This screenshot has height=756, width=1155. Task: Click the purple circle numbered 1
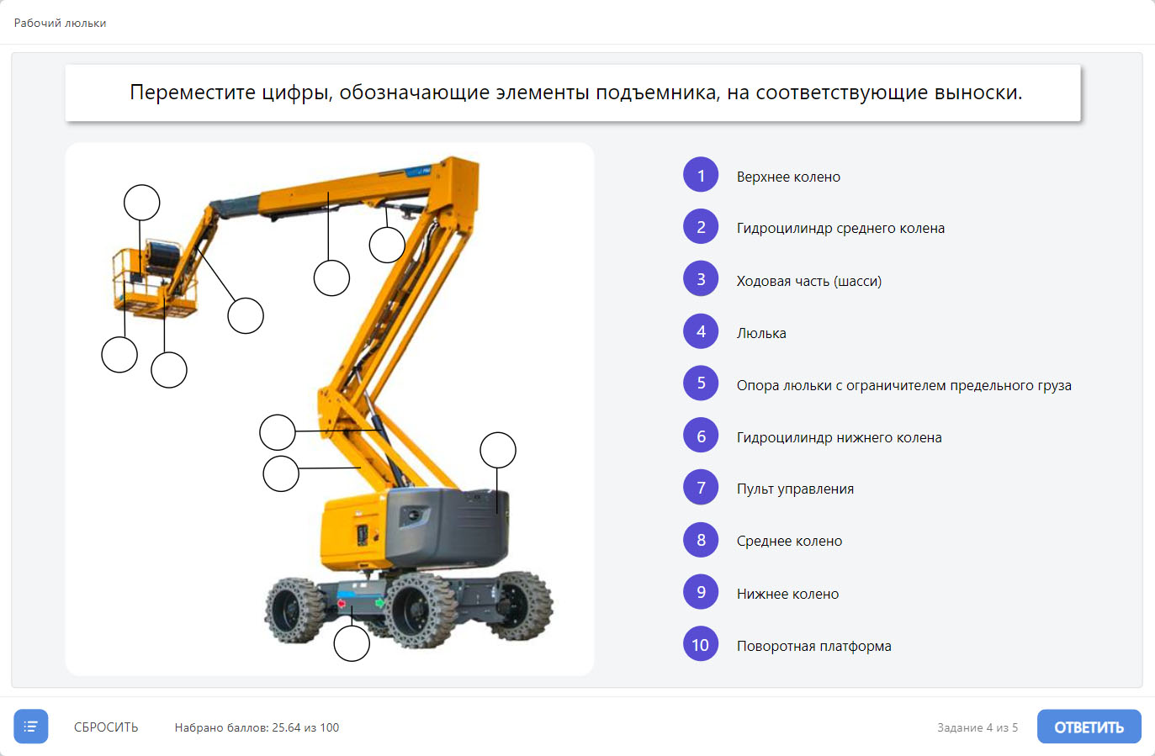coord(701,175)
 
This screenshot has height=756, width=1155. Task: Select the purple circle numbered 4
coord(701,331)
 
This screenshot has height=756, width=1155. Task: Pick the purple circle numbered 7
coord(701,487)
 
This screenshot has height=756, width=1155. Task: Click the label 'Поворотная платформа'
coord(813,646)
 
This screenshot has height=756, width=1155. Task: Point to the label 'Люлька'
coord(761,333)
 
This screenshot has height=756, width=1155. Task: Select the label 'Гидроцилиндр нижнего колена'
coord(839,437)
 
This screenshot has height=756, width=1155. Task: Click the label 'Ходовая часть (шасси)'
coord(809,281)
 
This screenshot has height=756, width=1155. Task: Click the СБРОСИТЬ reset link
coord(106,727)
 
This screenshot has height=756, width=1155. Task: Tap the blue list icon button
coord(31,726)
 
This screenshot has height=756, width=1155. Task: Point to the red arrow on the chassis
coord(341,604)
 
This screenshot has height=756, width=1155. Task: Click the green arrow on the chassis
coord(379,602)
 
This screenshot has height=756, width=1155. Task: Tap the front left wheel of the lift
coord(294,611)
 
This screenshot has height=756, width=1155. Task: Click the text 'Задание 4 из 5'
coord(978,727)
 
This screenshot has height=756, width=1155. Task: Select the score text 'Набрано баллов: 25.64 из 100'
coord(257,727)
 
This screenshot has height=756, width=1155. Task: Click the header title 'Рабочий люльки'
coord(60,23)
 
